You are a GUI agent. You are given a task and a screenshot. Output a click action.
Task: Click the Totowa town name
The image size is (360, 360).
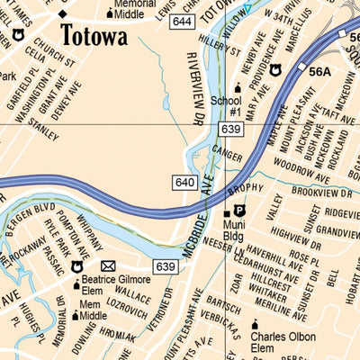tap(94, 38)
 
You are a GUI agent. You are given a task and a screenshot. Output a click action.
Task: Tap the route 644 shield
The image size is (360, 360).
tap(182, 21)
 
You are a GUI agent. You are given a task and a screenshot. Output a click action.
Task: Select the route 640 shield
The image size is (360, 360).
tap(184, 184)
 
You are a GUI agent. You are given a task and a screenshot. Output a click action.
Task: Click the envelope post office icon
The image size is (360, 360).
tap(109, 266)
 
